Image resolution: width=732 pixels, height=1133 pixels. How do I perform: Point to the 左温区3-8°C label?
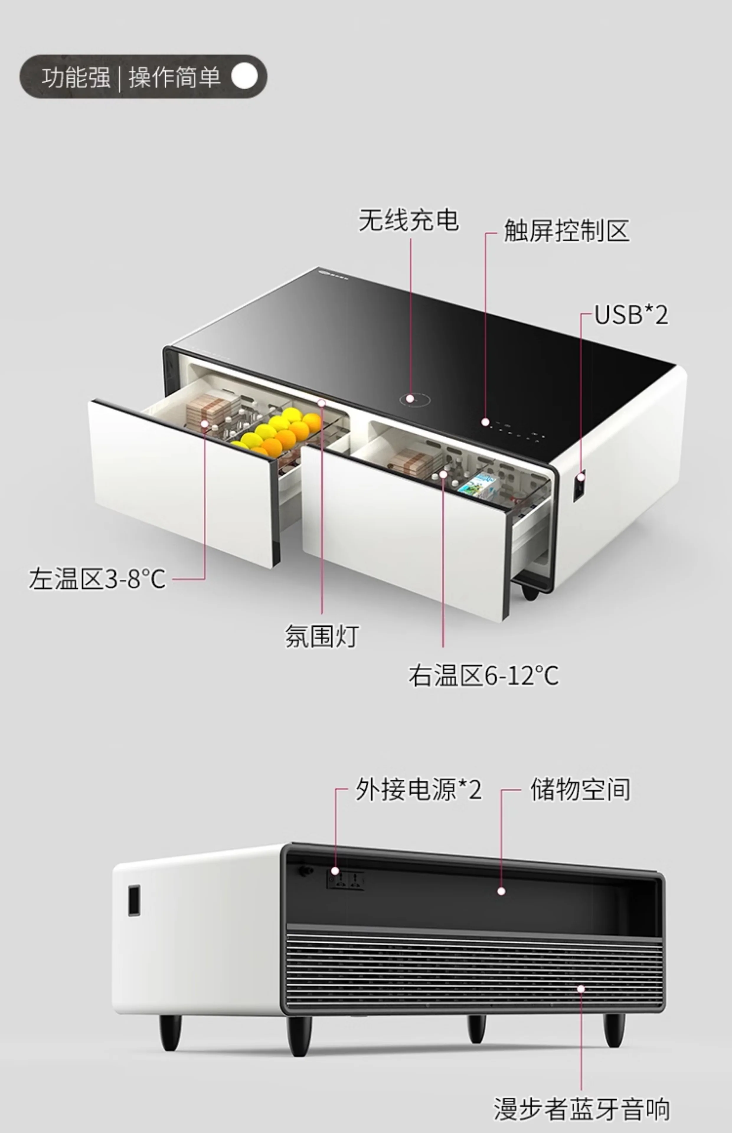(x=97, y=579)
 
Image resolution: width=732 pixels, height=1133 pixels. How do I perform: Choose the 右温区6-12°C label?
(x=483, y=675)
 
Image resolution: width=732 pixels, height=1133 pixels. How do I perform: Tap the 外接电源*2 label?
(x=418, y=790)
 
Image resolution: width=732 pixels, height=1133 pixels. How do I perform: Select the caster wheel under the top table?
(x=530, y=592)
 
